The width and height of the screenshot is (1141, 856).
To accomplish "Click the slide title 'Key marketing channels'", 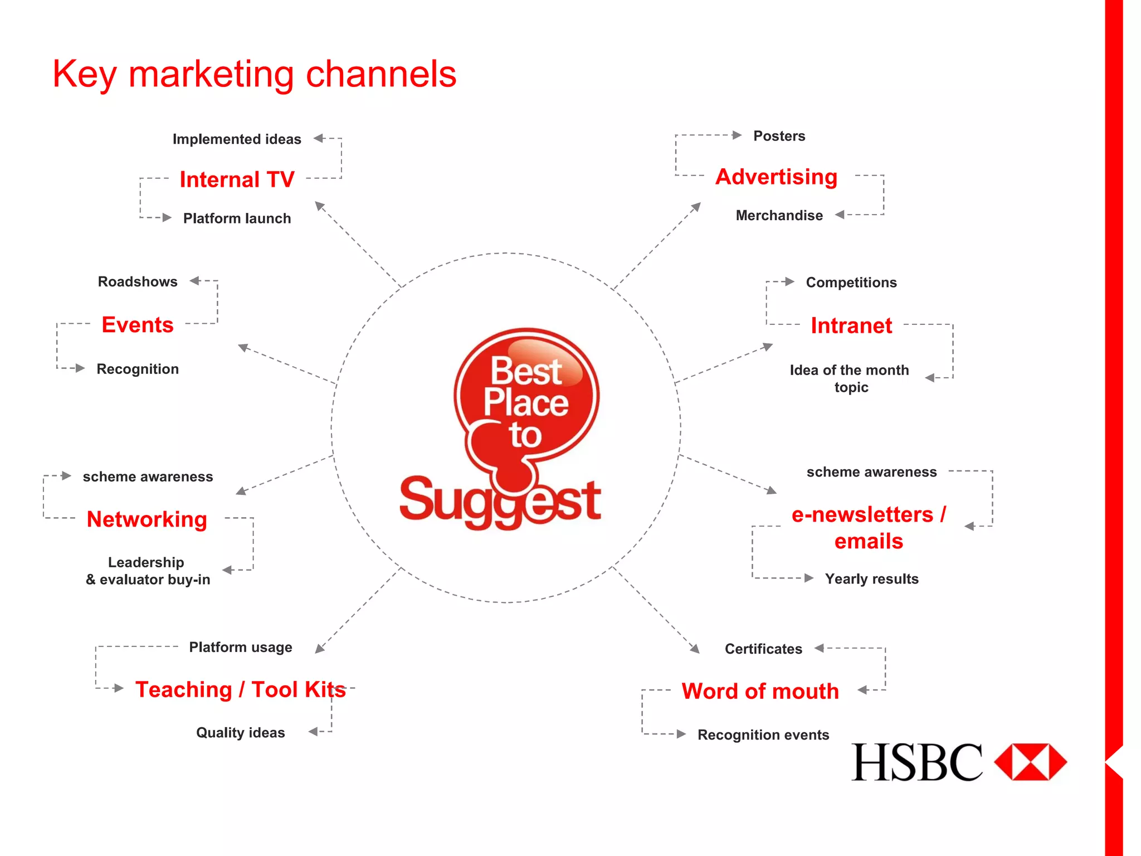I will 254,74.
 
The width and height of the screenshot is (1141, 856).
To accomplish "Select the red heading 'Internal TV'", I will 237,179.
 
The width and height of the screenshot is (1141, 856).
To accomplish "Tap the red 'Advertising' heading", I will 776,177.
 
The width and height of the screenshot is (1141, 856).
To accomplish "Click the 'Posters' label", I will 779,136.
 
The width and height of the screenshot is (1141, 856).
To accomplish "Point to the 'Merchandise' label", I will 779,216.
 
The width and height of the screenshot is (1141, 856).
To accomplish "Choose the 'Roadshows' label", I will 138,281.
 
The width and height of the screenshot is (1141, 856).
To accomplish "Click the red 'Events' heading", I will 138,324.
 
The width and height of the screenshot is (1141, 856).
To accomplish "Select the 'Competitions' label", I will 851,283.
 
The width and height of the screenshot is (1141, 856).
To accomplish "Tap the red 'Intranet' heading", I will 851,325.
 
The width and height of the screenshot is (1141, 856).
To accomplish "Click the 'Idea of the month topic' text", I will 850,378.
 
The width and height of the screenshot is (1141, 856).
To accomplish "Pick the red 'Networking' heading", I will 147,519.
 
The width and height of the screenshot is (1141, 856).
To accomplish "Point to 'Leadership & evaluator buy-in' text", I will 148,571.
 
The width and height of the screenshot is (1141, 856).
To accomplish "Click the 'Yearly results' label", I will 871,579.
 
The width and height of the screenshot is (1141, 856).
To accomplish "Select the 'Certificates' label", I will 763,649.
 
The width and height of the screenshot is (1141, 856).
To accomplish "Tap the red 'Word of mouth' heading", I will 760,691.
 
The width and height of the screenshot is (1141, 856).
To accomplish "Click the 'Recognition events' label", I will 763,735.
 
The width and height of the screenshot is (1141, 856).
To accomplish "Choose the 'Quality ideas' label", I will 240,733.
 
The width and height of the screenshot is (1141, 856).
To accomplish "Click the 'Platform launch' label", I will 237,218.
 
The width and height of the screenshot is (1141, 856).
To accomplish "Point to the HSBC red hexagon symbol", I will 1030,762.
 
